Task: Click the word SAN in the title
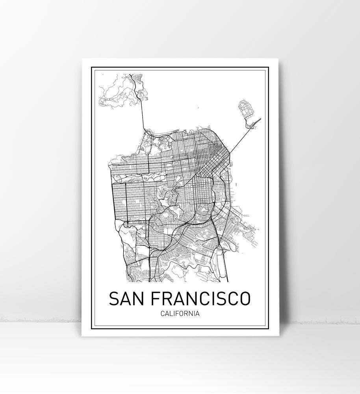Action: (x=124, y=299)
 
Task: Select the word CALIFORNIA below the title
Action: (x=179, y=314)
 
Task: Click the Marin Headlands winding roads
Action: (x=118, y=91)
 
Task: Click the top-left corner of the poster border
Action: (x=91, y=68)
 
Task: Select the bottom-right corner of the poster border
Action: (x=269, y=327)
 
